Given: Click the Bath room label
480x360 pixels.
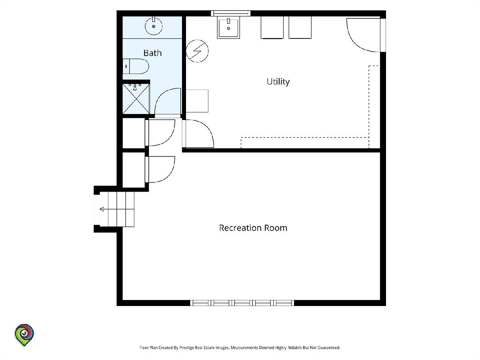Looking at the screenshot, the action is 152,53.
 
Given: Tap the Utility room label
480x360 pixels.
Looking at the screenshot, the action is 278,82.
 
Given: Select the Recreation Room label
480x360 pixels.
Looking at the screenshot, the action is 253,228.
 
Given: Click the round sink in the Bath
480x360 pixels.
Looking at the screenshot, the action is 154,26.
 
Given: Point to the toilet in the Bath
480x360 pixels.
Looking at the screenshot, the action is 136,66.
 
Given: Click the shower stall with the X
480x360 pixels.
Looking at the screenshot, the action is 136,99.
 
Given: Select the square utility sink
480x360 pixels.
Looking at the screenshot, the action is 228,28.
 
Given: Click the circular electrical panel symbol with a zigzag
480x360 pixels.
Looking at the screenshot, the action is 197,51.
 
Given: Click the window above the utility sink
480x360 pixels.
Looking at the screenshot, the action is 231,13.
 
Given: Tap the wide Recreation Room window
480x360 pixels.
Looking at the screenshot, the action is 242,303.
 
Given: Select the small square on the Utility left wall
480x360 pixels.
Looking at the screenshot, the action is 197,101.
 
